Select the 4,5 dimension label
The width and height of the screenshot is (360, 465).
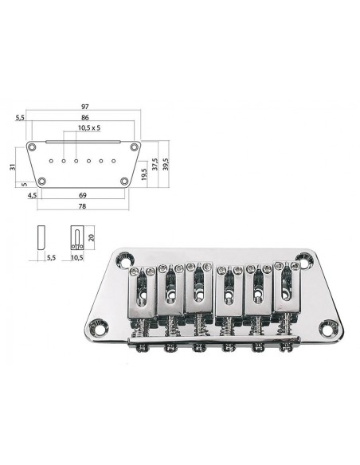tap(32, 194)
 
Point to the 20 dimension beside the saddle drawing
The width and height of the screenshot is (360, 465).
tap(93, 236)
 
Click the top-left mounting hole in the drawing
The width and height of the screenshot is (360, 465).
tap(32, 148)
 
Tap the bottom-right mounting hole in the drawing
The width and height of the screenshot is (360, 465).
tap(125, 182)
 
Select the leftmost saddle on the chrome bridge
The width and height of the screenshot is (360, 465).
tap(143, 291)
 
